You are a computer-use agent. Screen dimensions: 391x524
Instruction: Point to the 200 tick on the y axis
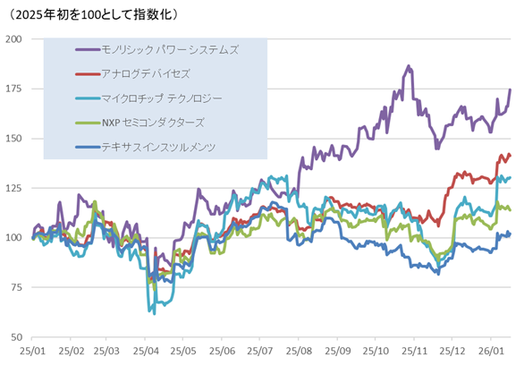coord(15,39)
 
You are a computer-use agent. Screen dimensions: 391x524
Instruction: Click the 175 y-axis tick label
coord(15,89)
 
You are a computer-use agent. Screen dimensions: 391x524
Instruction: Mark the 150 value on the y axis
coord(15,139)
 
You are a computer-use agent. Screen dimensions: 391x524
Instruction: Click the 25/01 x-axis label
coord(32,353)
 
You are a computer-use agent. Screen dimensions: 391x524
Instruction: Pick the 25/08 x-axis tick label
coord(299,353)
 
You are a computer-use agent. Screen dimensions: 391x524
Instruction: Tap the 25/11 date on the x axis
coord(415,353)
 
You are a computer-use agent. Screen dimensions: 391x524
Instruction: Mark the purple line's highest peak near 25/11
coord(409,66)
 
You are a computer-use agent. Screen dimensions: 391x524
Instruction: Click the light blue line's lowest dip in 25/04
coord(154,313)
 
